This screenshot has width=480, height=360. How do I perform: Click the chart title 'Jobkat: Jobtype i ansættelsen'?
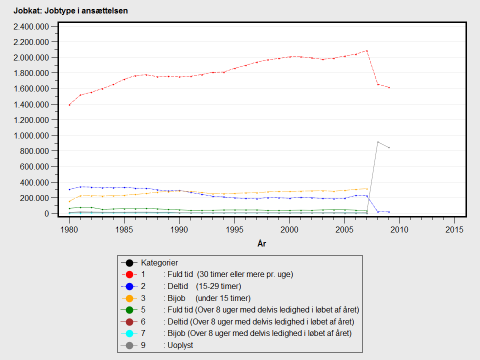(70, 10)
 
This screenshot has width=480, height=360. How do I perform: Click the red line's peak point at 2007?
(366, 50)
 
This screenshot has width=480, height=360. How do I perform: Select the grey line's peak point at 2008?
(377, 142)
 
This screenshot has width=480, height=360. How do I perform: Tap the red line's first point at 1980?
(69, 105)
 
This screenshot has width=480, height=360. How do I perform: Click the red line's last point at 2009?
(388, 87)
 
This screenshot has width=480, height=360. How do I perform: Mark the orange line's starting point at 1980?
(69, 201)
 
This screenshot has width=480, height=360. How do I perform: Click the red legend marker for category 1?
(129, 274)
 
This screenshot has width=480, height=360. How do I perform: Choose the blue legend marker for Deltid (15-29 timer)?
(129, 286)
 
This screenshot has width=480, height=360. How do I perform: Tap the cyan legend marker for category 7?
(129, 333)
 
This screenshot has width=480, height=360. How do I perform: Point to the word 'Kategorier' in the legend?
(159, 262)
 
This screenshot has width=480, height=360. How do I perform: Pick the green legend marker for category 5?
(129, 310)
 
